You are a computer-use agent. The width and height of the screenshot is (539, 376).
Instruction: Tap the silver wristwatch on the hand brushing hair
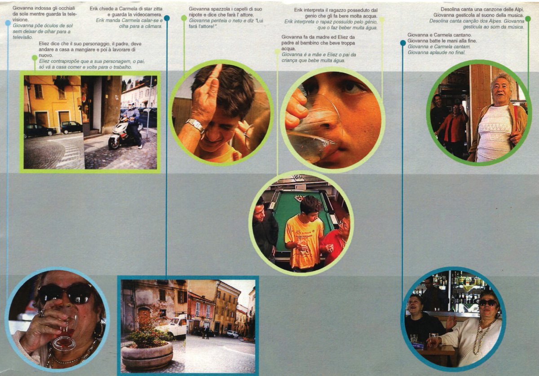(x=195, y=125)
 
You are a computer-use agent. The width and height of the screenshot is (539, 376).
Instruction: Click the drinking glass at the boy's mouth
(x=315, y=127)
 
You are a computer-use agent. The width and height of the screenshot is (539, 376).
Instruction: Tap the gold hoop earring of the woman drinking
(x=99, y=329)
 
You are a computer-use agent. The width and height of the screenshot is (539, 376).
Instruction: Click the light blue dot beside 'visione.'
(x=8, y=23)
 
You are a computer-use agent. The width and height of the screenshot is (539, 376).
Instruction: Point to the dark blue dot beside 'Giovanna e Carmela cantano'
(x=403, y=43)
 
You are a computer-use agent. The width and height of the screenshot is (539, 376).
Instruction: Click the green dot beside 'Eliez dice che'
(x=35, y=58)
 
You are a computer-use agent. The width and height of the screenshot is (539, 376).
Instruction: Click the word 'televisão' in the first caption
(x=22, y=37)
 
